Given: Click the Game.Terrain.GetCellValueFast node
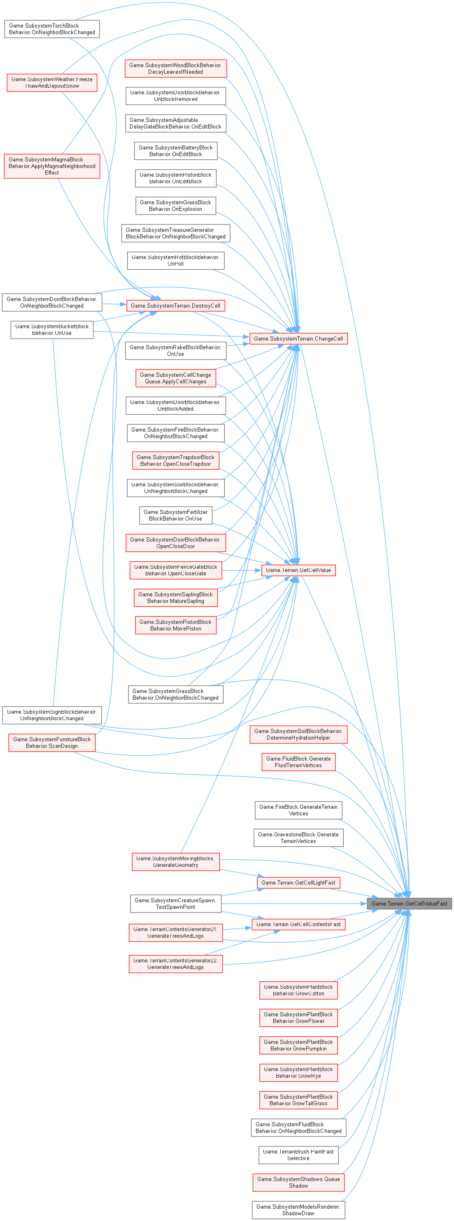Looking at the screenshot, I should point(410,903).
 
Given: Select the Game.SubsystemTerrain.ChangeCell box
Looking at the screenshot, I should point(298,339).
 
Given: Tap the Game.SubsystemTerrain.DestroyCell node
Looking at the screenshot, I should point(175,306).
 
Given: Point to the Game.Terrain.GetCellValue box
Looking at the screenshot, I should point(298,570).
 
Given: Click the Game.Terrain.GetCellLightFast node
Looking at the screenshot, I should point(298,882).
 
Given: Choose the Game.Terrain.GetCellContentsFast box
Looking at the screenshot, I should point(298,924).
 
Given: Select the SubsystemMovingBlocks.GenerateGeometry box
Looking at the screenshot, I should point(175,862).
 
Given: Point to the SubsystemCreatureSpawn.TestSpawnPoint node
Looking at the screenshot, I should point(175,903).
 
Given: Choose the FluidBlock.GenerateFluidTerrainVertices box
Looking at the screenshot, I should point(298,762).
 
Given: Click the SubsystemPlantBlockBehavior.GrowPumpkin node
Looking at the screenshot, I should point(298,1045).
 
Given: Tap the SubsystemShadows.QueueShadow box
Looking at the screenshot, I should point(298,1182).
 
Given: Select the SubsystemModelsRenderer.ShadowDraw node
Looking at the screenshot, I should point(298,1209).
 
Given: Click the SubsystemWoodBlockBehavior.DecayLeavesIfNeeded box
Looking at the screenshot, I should point(175,68).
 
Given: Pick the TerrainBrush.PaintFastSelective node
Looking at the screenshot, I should point(298,1155).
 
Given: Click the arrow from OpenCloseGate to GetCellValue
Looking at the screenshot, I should point(242,570).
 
